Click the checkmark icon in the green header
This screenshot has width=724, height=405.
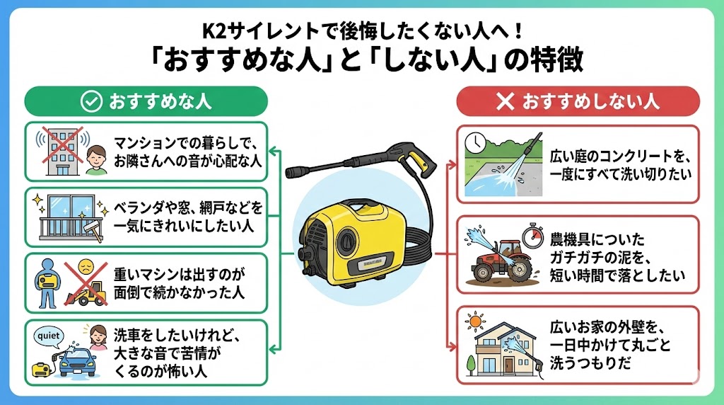tap(91, 102)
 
